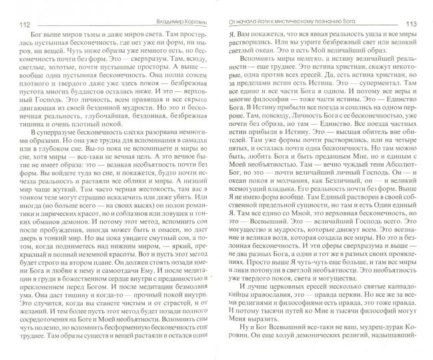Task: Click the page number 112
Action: point(19,26)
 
